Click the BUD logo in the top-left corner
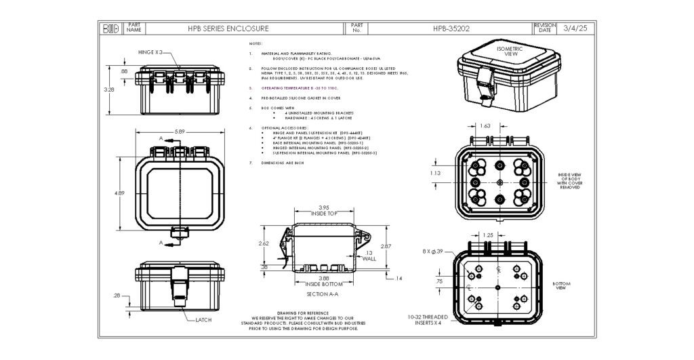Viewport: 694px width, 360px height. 110,29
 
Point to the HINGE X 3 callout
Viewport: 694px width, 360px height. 150,52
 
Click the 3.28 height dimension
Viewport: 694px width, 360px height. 109,89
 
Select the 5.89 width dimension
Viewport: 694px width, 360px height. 180,132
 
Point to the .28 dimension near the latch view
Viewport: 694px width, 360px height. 117,296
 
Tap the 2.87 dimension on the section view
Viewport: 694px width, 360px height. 386,246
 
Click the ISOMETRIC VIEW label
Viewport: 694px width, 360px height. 510,52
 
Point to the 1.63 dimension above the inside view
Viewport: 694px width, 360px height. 485,126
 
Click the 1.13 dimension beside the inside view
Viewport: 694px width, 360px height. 436,174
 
